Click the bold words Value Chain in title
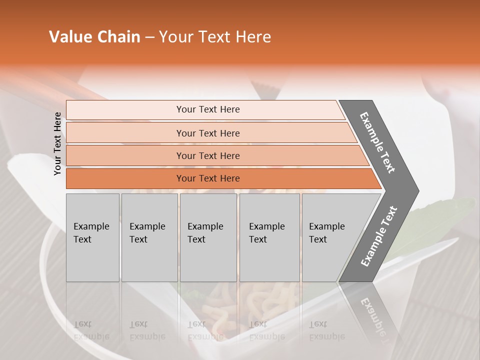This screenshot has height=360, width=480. pyautogui.click(x=94, y=37)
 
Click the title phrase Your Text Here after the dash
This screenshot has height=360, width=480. pyautogui.click(x=215, y=37)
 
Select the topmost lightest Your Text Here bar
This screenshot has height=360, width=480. pyautogui.click(x=207, y=109)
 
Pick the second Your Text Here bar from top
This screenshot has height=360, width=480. pyautogui.click(x=207, y=133)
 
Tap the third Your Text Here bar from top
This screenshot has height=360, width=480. pyautogui.click(x=207, y=155)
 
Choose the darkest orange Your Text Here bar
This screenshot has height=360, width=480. pyautogui.click(x=207, y=178)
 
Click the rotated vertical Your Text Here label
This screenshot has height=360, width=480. pyautogui.click(x=57, y=143)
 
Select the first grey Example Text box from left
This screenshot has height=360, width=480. pyautogui.click(x=92, y=237)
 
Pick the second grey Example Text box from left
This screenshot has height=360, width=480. pyautogui.click(x=149, y=237)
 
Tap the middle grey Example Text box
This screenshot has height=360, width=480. pyautogui.click(x=208, y=237)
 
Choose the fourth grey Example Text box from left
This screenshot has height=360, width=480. pyautogui.click(x=269, y=237)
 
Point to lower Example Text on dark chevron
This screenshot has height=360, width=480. pyautogui.click(x=379, y=236)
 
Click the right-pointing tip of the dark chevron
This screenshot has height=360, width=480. pyautogui.click(x=416, y=190)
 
